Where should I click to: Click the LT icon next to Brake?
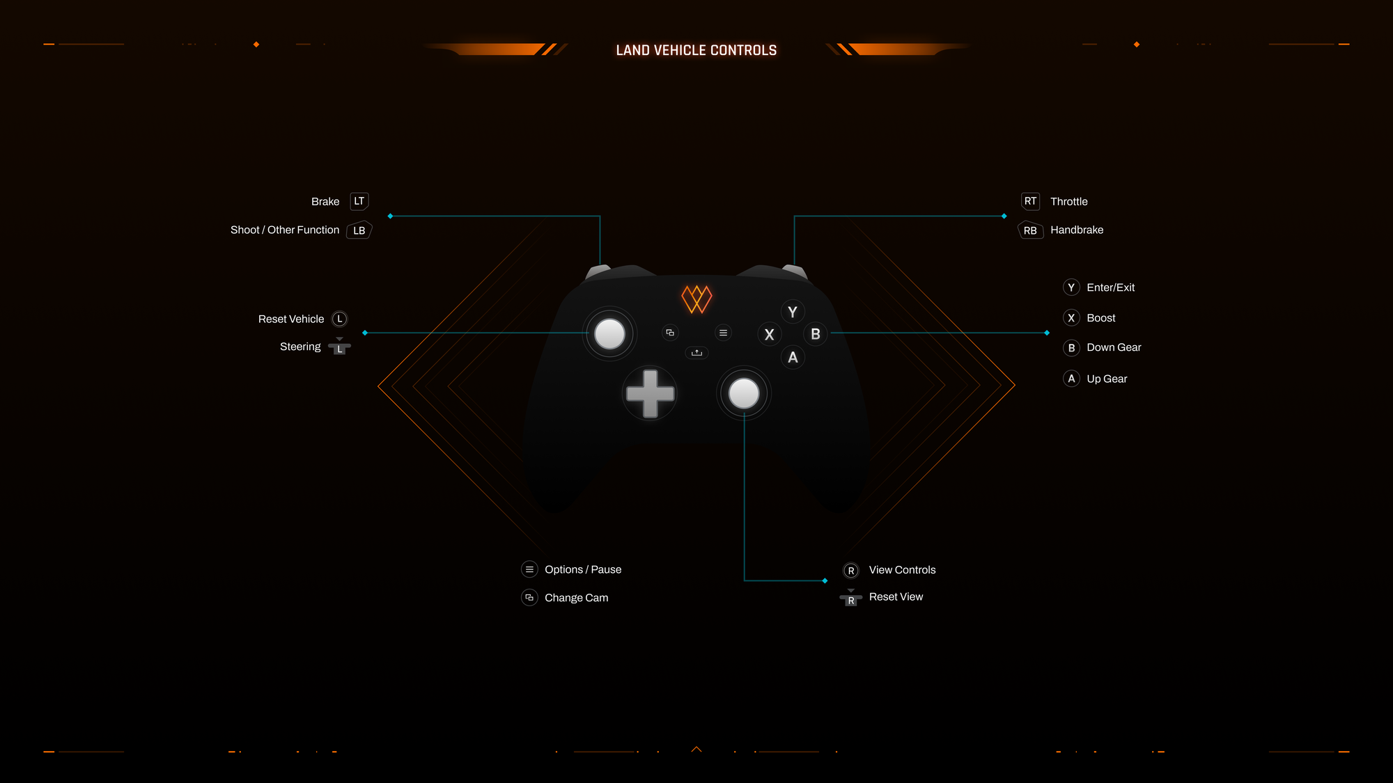pos(359,201)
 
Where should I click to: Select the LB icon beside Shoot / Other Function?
pos(359,230)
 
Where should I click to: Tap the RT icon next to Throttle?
pos(1030,201)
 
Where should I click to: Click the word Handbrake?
pos(1077,230)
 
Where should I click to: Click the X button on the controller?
pos(769,335)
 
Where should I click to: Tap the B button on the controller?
pos(816,334)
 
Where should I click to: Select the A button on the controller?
pos(793,358)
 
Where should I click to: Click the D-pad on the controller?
pos(650,394)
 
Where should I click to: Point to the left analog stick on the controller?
pos(609,333)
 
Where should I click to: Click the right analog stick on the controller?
pos(744,394)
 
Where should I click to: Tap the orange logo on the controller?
pos(696,299)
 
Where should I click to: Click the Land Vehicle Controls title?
pos(696,50)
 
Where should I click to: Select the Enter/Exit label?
pos(1110,287)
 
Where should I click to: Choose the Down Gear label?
pos(1114,347)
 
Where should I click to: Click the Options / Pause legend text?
pos(583,569)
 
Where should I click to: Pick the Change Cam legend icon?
pos(529,598)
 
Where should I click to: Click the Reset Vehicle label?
pos(291,319)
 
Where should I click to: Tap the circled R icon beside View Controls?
pos(850,571)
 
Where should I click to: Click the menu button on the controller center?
pos(724,333)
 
